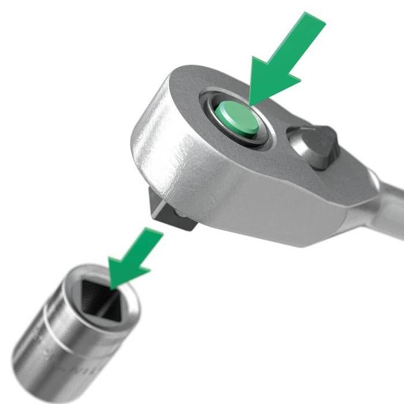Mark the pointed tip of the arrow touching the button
tap(249, 105)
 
